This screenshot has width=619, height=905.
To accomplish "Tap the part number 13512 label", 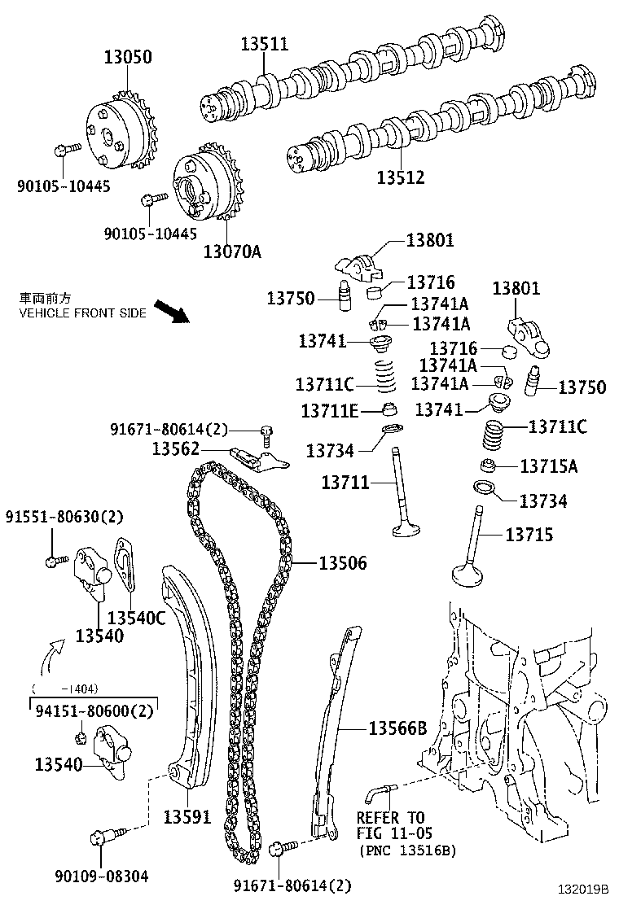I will pos(401,176).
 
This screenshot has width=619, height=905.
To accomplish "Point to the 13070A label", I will pos(232,251).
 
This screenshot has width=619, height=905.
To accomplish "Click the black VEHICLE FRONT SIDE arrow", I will pos(170,311).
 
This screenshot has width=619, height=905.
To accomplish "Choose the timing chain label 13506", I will pos(342,562).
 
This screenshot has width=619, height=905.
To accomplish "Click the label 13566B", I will pos(397,728).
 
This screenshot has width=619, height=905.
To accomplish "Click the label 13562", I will pos(177,448).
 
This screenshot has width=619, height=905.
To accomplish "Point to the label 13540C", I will pos(136,618).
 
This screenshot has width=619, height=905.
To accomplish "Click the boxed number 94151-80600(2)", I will pos(94,710).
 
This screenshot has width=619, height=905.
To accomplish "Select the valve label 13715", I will pos(529,534).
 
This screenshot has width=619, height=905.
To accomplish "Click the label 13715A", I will pos(548,466).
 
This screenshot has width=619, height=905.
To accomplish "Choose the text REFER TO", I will pos(391,818).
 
